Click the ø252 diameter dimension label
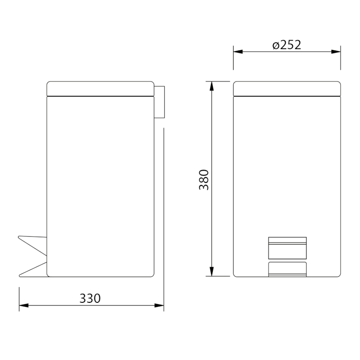coord(287,45)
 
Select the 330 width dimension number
coord(90,298)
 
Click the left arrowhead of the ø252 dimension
coord(238,52)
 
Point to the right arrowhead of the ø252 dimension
coord(336,52)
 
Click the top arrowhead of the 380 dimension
coord(211,85)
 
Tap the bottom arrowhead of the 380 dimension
coord(211,272)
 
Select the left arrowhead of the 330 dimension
coord(23,306)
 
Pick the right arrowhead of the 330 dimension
coord(159,306)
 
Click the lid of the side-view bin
coord(100,88)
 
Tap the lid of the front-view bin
coord(287,88)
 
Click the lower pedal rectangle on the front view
coord(287,269)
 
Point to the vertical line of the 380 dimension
coord(211,135)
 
